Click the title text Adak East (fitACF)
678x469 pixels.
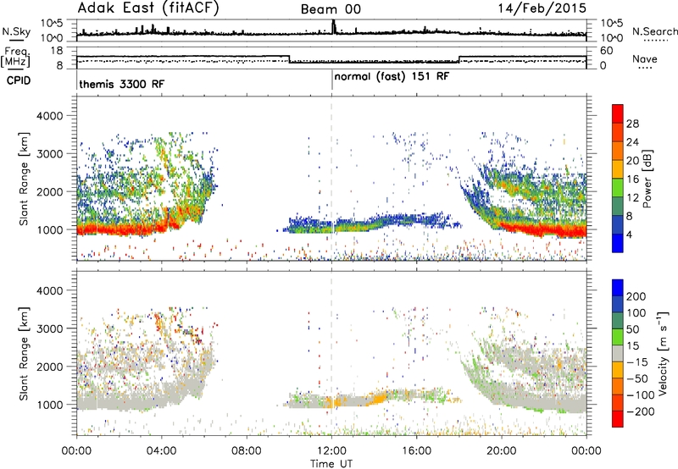click(x=148, y=8)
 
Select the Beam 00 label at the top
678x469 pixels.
click(x=331, y=9)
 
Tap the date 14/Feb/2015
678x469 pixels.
click(x=542, y=8)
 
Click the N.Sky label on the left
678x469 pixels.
click(x=16, y=31)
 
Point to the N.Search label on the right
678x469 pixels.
click(x=654, y=31)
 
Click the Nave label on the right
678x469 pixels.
click(x=645, y=59)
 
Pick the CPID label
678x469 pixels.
click(x=19, y=80)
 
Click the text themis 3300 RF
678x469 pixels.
click(x=122, y=84)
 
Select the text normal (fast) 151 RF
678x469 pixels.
click(x=392, y=77)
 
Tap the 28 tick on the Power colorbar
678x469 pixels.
click(x=632, y=124)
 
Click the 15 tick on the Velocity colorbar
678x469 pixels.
click(x=632, y=346)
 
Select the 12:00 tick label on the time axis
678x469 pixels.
click(x=331, y=451)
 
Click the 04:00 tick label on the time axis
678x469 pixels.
click(x=162, y=451)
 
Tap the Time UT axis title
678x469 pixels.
click(x=331, y=464)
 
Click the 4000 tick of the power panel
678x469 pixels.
click(x=50, y=116)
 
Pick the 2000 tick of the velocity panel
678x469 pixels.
click(x=50, y=367)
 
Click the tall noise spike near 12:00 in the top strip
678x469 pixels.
click(x=333, y=27)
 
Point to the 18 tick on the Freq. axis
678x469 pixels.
click(x=57, y=51)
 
